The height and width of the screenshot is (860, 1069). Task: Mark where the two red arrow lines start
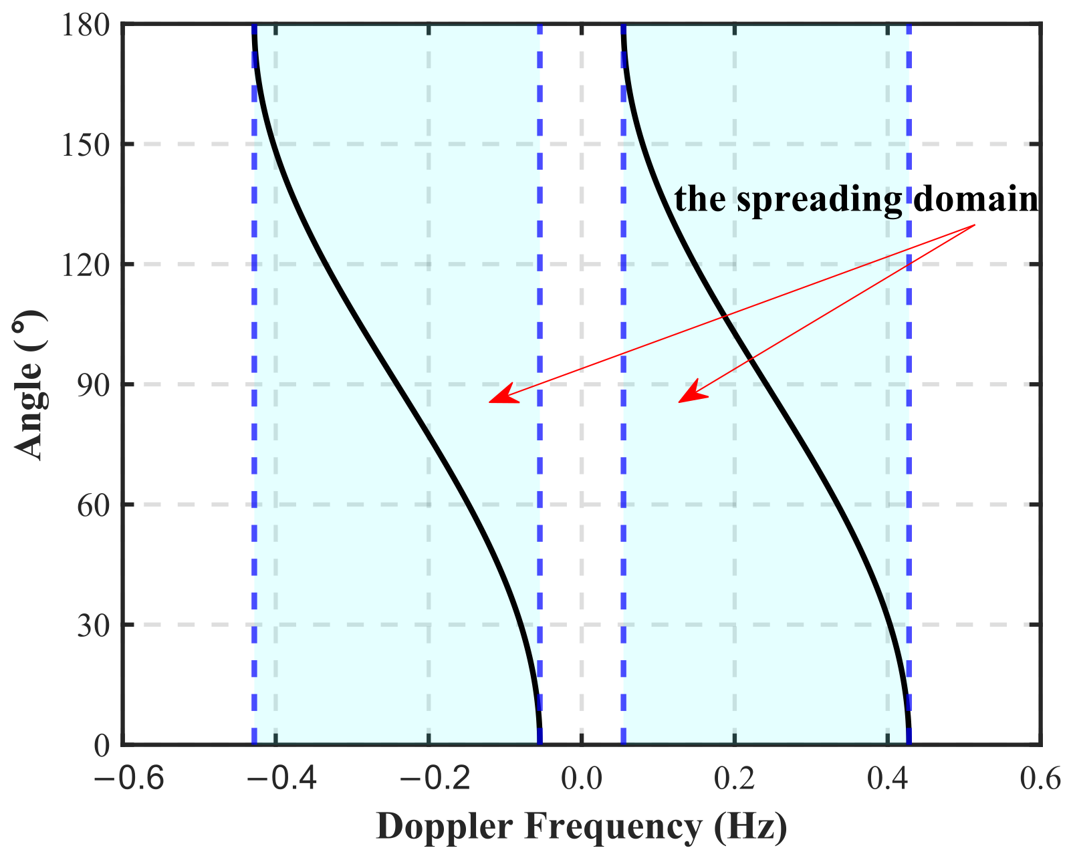click(975, 225)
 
